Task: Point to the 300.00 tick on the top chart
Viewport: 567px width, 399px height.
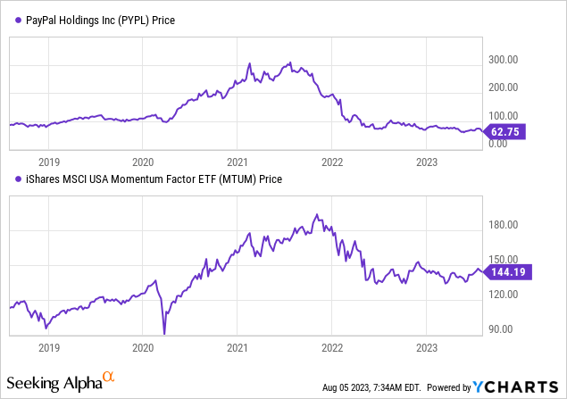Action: tap(503, 59)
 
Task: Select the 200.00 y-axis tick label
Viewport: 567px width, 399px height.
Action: tap(503, 87)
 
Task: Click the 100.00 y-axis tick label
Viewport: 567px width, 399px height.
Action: tap(503, 115)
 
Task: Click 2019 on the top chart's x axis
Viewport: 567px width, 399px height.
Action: tap(48, 162)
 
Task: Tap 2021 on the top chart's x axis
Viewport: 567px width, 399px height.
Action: tap(238, 162)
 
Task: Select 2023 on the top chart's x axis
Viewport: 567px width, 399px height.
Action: tap(427, 162)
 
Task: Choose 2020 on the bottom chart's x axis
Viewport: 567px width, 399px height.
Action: tap(143, 346)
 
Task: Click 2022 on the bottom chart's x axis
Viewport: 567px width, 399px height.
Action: tap(332, 346)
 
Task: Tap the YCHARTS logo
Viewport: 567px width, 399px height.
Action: tap(515, 387)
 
